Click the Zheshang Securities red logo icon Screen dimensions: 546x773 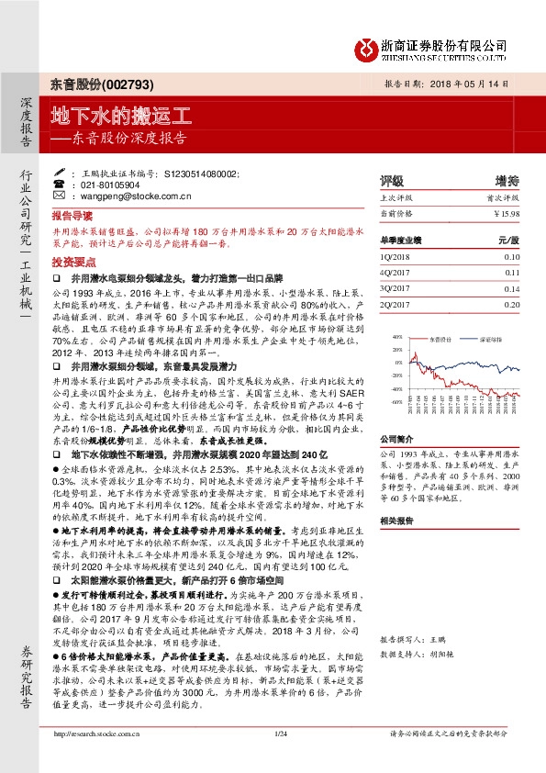coord(367,48)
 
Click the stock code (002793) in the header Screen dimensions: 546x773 coord(112,84)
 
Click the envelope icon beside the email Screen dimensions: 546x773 coord(73,195)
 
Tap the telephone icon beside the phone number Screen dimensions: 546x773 coord(73,184)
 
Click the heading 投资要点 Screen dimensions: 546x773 coord(72,262)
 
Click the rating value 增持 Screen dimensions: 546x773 coord(507,181)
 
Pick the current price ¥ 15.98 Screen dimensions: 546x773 coord(507,212)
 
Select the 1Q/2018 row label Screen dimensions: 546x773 coord(397,257)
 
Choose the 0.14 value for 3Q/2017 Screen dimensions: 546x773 coord(512,288)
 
